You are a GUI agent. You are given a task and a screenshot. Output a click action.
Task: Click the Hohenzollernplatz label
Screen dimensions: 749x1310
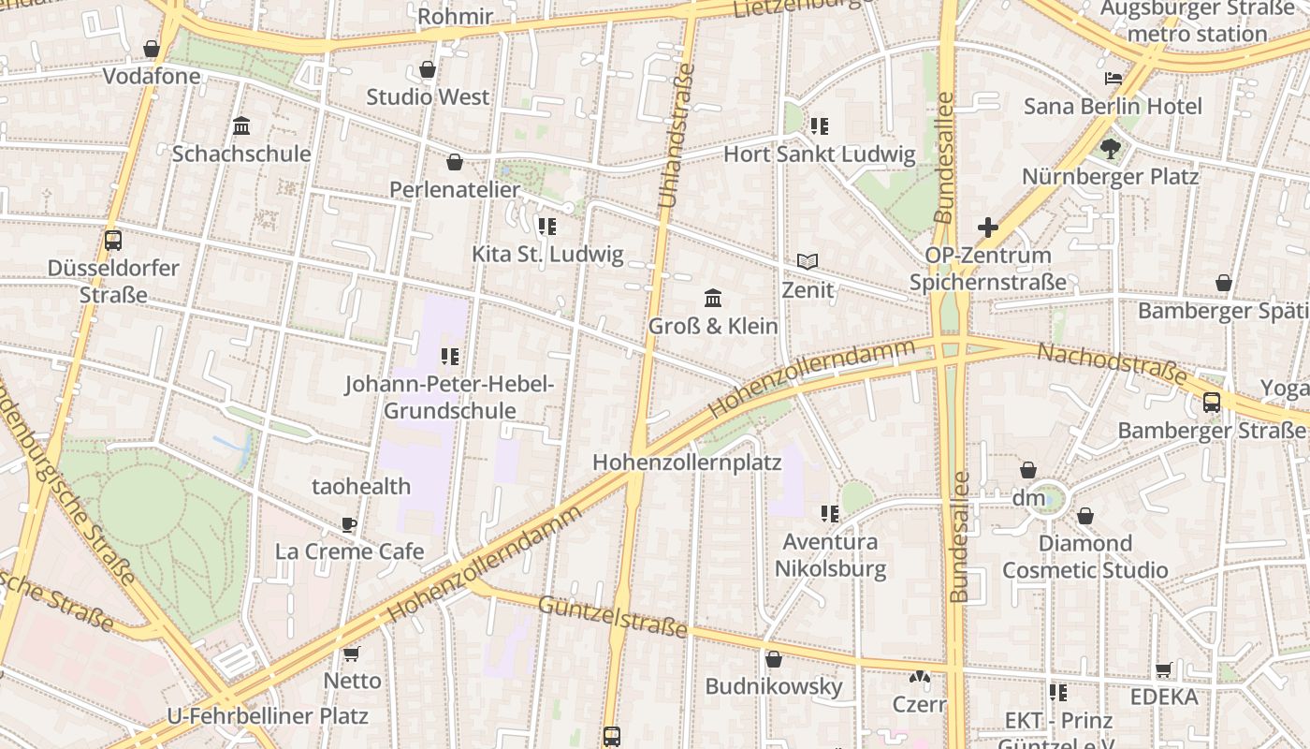(687, 463)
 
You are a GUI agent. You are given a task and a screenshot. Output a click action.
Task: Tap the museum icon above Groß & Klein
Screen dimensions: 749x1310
(713, 299)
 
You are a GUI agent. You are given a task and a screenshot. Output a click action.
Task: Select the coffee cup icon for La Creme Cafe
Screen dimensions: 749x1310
(349, 524)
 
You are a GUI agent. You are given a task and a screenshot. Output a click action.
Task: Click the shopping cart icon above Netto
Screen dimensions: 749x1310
(352, 654)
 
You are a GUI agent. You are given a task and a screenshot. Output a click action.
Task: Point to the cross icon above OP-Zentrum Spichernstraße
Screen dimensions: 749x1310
(988, 227)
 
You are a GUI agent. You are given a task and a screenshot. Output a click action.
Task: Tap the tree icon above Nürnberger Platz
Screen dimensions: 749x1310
(1111, 149)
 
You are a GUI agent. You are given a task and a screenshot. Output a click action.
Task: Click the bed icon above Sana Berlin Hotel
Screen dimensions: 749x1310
(1113, 79)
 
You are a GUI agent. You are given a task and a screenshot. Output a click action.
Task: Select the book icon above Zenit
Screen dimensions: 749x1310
(808, 262)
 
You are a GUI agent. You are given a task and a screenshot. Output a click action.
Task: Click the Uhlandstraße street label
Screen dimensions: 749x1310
(676, 136)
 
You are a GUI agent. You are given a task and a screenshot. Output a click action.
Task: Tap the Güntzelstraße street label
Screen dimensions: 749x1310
(612, 615)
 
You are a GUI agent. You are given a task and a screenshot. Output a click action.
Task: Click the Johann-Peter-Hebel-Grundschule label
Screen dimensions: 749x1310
(450, 397)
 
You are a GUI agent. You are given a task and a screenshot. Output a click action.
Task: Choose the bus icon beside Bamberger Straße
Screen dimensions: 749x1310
(1212, 403)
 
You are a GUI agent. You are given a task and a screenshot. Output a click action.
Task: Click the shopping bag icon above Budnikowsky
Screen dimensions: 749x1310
(774, 659)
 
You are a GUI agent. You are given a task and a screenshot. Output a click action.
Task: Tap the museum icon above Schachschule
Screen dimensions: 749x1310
(241, 125)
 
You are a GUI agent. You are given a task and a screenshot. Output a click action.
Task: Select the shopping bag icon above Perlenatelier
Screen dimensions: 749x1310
(455, 162)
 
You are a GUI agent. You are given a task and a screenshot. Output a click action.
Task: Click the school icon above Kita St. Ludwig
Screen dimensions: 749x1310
(547, 226)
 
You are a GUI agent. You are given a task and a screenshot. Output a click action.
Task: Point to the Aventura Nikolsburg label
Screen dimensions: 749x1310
(830, 555)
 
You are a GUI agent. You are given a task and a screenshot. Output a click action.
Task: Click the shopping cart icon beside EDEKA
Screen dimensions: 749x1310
(1164, 669)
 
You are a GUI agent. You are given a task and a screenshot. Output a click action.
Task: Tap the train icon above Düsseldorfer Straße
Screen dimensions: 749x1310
(113, 240)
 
